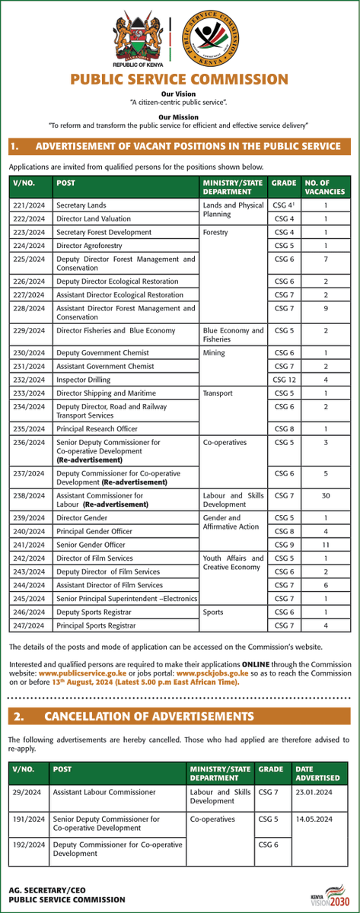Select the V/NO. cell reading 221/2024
(29, 205)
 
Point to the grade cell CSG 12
(283, 379)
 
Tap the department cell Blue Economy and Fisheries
(233, 336)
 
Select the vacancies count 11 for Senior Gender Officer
(325, 545)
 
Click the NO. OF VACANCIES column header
(325, 188)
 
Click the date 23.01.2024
(317, 793)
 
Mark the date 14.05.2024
(317, 819)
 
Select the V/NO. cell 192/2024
(28, 845)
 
